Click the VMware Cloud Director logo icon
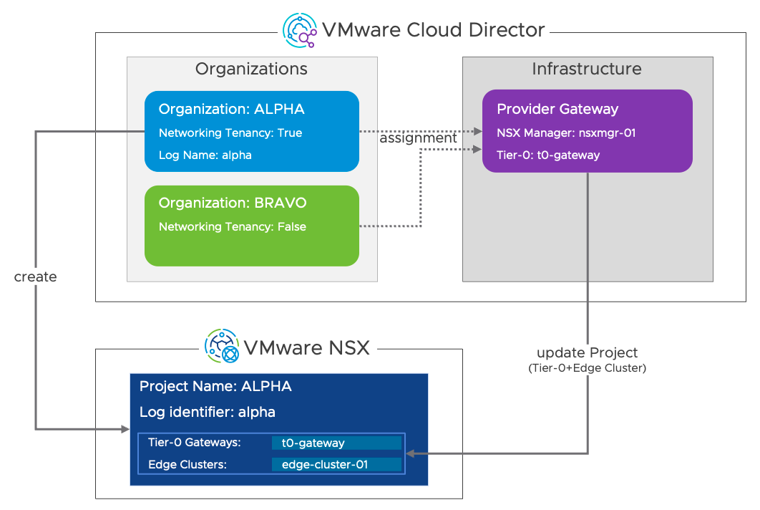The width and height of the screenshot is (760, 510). pos(300,30)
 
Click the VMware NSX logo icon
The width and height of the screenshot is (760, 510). pos(222,347)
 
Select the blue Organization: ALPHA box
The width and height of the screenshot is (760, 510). pos(251,131)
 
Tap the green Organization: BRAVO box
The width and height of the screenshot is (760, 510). pos(251,226)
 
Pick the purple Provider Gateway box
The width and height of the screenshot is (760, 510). pos(587,131)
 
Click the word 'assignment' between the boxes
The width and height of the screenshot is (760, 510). pos(418,138)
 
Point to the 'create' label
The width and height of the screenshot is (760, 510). pos(35,276)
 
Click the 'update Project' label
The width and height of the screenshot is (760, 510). pos(587,353)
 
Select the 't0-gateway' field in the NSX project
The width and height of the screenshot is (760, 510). pos(336,443)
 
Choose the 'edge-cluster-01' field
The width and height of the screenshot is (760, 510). pos(336,465)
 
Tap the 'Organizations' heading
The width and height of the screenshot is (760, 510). pos(251,69)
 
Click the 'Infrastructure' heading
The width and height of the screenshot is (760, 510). pos(587,69)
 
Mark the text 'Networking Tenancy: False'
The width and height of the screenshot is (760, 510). pos(232,227)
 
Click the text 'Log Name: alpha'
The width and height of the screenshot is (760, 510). pos(205,155)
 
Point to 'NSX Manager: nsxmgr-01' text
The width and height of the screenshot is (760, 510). pos(566,133)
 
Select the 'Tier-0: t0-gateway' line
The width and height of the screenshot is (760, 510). pos(548,155)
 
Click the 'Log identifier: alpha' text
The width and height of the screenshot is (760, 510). pos(208,412)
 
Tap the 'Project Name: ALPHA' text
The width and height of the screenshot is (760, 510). pos(215,387)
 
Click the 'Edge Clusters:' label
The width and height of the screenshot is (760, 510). pos(187,465)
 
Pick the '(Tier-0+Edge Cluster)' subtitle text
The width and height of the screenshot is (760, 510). pos(587,368)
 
